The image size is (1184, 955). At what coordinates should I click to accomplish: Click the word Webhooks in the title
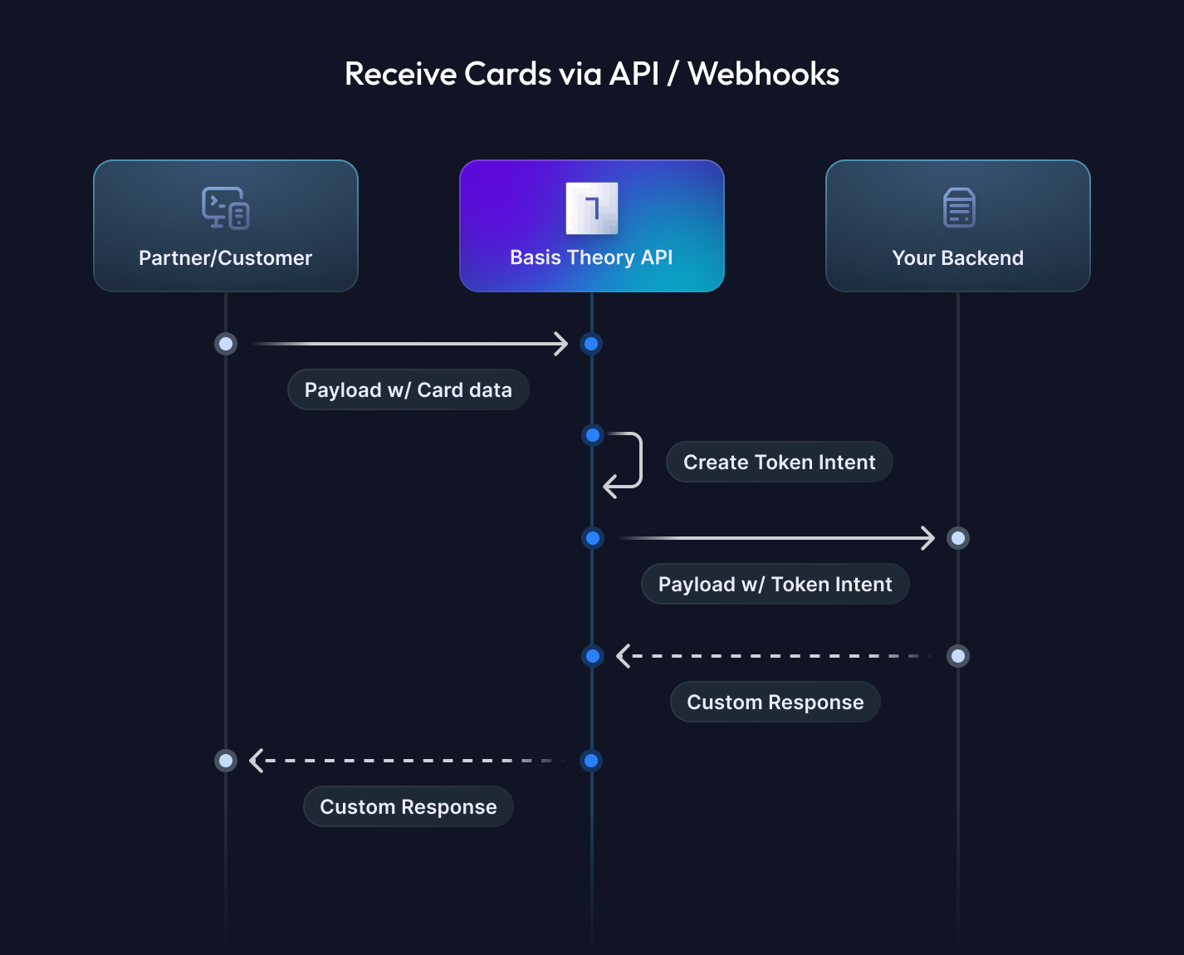[763, 74]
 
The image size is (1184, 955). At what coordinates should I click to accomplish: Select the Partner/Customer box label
[225, 258]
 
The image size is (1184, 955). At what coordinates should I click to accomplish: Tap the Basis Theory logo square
[591, 208]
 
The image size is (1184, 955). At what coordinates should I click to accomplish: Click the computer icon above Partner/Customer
[226, 208]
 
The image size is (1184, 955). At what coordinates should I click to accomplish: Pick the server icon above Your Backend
[959, 208]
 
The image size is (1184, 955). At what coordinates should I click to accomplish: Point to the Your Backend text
[957, 258]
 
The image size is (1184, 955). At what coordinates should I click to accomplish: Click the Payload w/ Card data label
[408, 390]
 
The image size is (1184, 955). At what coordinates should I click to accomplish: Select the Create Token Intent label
[779, 463]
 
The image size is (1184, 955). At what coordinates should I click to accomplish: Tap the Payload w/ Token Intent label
[775, 585]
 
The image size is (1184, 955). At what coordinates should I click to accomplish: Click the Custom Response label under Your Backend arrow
[775, 703]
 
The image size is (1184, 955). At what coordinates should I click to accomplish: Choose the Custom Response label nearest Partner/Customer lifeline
[408, 807]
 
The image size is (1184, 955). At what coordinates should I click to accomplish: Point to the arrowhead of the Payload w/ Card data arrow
[561, 344]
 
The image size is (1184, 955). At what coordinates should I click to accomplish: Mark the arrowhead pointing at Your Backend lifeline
[927, 538]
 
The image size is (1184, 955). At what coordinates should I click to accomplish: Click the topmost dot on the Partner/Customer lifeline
[226, 344]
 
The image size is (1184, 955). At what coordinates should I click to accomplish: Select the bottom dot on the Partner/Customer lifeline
[226, 761]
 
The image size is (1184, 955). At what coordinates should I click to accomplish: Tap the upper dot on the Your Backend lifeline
[958, 538]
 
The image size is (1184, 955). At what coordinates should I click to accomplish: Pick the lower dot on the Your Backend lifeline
[958, 656]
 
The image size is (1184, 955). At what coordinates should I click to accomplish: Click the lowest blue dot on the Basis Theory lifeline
[591, 761]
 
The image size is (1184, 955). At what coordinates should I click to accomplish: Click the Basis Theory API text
[591, 257]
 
